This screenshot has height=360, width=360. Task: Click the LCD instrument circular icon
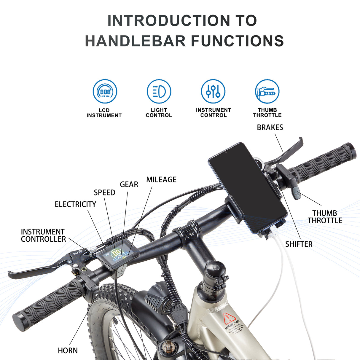coord(105,91)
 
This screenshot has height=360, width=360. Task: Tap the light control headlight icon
coord(159,91)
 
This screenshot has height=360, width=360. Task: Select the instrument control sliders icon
coord(213,91)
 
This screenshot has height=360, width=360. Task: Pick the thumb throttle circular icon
coord(267,91)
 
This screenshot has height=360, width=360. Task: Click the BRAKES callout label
coord(270,128)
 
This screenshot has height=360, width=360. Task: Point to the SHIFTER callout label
coord(299,244)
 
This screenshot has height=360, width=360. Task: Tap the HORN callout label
coord(68,351)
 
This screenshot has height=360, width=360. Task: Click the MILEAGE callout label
coord(161,180)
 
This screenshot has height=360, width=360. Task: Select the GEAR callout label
coord(129,184)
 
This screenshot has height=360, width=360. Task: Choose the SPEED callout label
coord(104,193)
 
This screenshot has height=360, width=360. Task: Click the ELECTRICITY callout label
coord(75,204)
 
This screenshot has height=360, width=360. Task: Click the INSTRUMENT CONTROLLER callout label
coord(43,235)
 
